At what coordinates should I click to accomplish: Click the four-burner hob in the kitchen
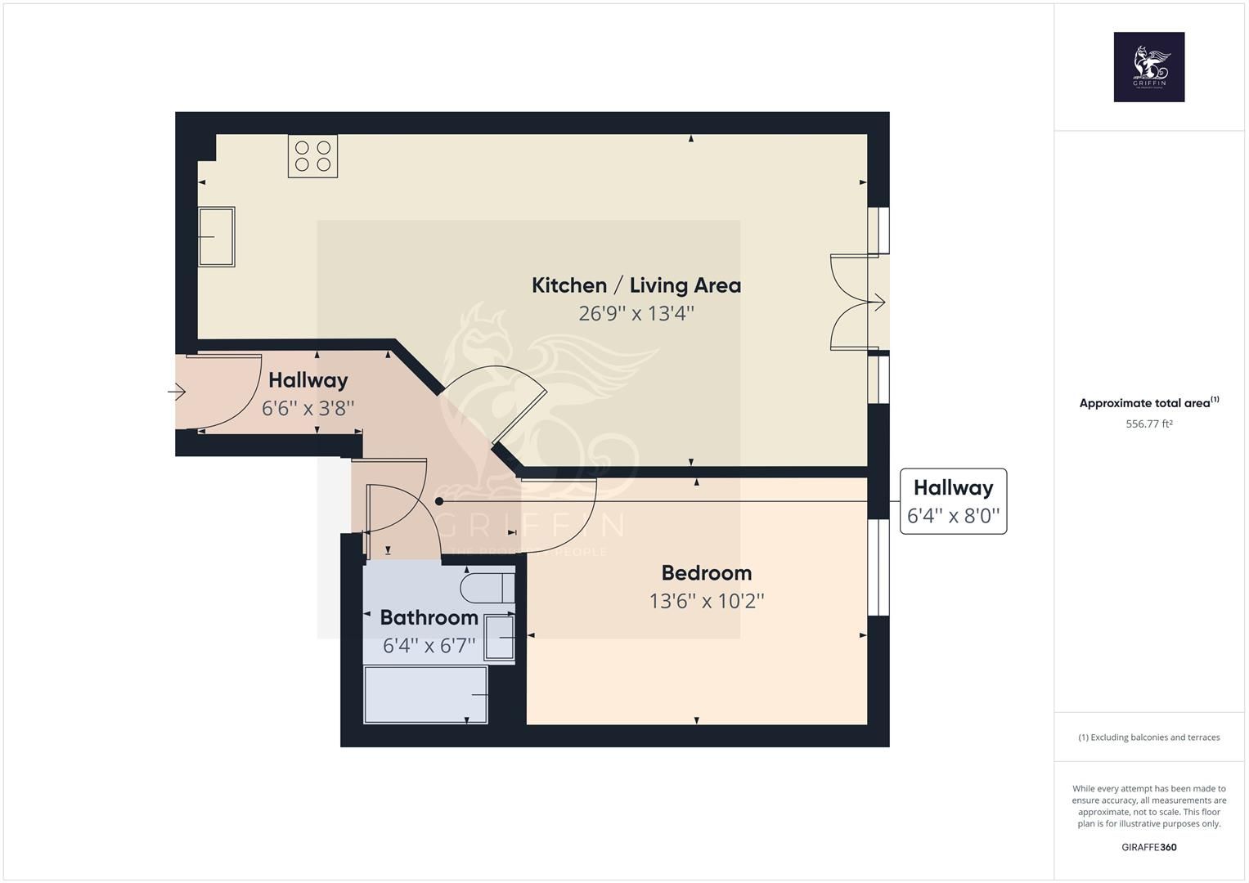[x=312, y=156]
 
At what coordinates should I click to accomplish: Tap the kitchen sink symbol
[x=217, y=236]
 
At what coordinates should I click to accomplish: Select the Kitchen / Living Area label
[x=636, y=285]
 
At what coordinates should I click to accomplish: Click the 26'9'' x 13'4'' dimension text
[x=636, y=313]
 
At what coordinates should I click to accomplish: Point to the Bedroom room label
[x=706, y=572]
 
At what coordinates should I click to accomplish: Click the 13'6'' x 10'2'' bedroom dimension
[x=706, y=601]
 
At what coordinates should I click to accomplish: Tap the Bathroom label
[x=429, y=617]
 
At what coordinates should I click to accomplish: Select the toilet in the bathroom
[x=487, y=588]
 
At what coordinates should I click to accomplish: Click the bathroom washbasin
[x=499, y=638]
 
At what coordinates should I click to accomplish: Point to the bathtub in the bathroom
[x=425, y=695]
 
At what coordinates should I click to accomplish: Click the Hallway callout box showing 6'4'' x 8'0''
[x=953, y=501]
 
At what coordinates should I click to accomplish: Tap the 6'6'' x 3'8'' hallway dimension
[x=308, y=408]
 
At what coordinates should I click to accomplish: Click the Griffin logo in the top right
[x=1148, y=67]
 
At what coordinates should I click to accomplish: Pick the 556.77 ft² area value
[x=1148, y=424]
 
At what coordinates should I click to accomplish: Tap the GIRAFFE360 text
[x=1148, y=847]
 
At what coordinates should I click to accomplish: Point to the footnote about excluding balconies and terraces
[x=1148, y=737]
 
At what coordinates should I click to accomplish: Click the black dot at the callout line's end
[x=439, y=501]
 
